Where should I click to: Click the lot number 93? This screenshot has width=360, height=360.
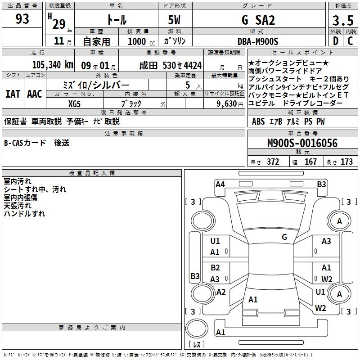tap(22, 19)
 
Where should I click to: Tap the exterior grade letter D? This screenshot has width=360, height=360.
tap(335, 41)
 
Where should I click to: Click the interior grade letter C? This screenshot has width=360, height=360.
tap(350, 41)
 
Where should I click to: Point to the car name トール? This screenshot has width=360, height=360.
tap(116, 20)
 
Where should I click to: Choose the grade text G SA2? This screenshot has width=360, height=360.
tap(258, 20)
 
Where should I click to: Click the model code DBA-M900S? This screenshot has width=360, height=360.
tap(258, 41)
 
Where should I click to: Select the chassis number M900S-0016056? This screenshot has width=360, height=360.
tap(302, 143)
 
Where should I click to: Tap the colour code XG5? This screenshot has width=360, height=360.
tap(75, 103)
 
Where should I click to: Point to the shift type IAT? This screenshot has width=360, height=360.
tap(13, 94)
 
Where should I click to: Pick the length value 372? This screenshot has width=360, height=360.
tap(273, 162)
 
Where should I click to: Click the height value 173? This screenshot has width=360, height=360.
tap(346, 162)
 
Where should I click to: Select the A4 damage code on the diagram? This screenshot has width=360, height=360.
tap(220, 184)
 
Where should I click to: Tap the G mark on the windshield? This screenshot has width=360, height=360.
tap(284, 237)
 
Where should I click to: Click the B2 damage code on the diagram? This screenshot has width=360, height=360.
tap(215, 267)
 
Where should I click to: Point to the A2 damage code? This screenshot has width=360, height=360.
tap(221, 292)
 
